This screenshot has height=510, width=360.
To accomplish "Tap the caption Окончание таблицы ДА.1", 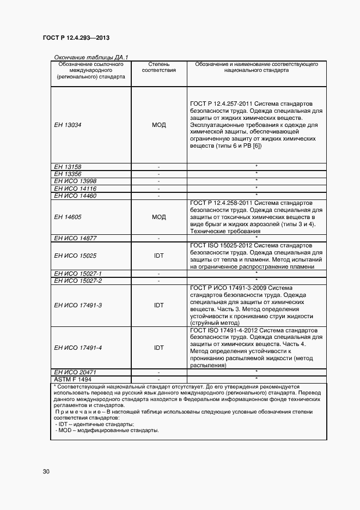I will pos(90,57).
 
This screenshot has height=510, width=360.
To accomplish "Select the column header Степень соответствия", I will pos(159,67).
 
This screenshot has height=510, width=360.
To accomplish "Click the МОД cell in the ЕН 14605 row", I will pos(159,217).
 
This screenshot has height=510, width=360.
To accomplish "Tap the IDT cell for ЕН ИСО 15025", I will pos(159,256).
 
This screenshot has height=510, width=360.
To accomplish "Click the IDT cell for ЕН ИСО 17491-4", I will pos(159,348).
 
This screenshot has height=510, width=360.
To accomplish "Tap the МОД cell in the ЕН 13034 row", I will pos(159,125).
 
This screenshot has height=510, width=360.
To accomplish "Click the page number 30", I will pos(46,471).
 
